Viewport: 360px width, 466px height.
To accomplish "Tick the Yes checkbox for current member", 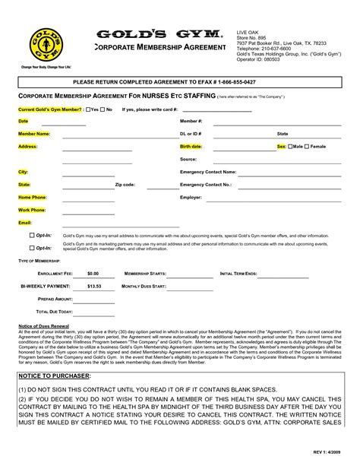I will coord(89,109).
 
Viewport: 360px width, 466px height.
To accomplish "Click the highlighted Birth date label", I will coord(191,146).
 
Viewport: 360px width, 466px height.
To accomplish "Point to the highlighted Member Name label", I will coord(34,133).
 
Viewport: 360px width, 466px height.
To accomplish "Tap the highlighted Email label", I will coord(24,223).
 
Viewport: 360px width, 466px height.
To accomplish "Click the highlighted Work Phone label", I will coord(31,210).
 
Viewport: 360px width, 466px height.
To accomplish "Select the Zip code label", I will coord(125,185).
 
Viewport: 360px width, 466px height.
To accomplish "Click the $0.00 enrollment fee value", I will coord(93,272).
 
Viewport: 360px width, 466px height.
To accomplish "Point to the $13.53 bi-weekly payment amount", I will coord(93,286).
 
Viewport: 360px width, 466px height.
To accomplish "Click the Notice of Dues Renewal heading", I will coord(43,326).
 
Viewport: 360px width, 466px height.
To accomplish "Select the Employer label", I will coord(191,197).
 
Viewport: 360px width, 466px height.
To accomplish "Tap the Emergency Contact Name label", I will coord(208,172).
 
